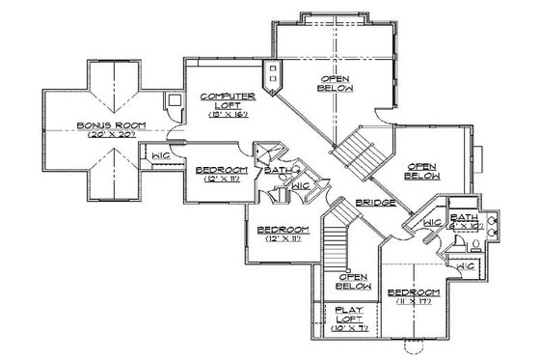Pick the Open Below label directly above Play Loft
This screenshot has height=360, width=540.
pos(355,281)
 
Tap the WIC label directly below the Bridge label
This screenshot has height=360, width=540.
pos(432,223)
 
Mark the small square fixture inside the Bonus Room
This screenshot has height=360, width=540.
pos(173,99)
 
